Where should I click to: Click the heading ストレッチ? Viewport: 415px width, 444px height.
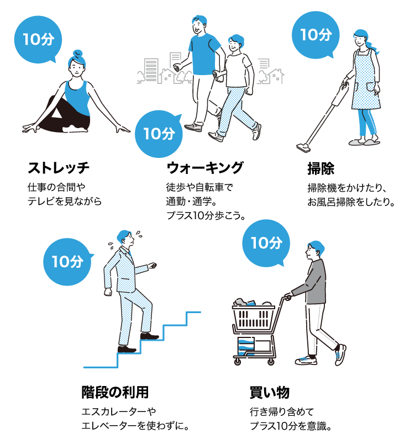59,168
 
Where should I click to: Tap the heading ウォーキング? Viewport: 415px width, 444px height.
205,168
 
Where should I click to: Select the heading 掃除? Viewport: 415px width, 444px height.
321,169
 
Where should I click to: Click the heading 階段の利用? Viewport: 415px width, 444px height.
115,392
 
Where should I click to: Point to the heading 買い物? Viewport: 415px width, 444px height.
270,393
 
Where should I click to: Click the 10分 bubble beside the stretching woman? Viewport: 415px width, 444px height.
38,39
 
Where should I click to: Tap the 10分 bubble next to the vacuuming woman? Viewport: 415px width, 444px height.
316,35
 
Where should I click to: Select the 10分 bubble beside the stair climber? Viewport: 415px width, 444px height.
67,262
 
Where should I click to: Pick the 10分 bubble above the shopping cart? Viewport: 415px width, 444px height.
266,243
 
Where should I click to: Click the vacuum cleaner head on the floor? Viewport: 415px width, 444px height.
303,147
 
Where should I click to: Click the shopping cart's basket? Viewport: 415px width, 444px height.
253,317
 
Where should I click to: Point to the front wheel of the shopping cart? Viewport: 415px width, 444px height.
238,362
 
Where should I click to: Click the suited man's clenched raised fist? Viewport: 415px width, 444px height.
152,266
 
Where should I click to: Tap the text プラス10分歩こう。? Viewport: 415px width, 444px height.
206,215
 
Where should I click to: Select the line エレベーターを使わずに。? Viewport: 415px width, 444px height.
135,426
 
